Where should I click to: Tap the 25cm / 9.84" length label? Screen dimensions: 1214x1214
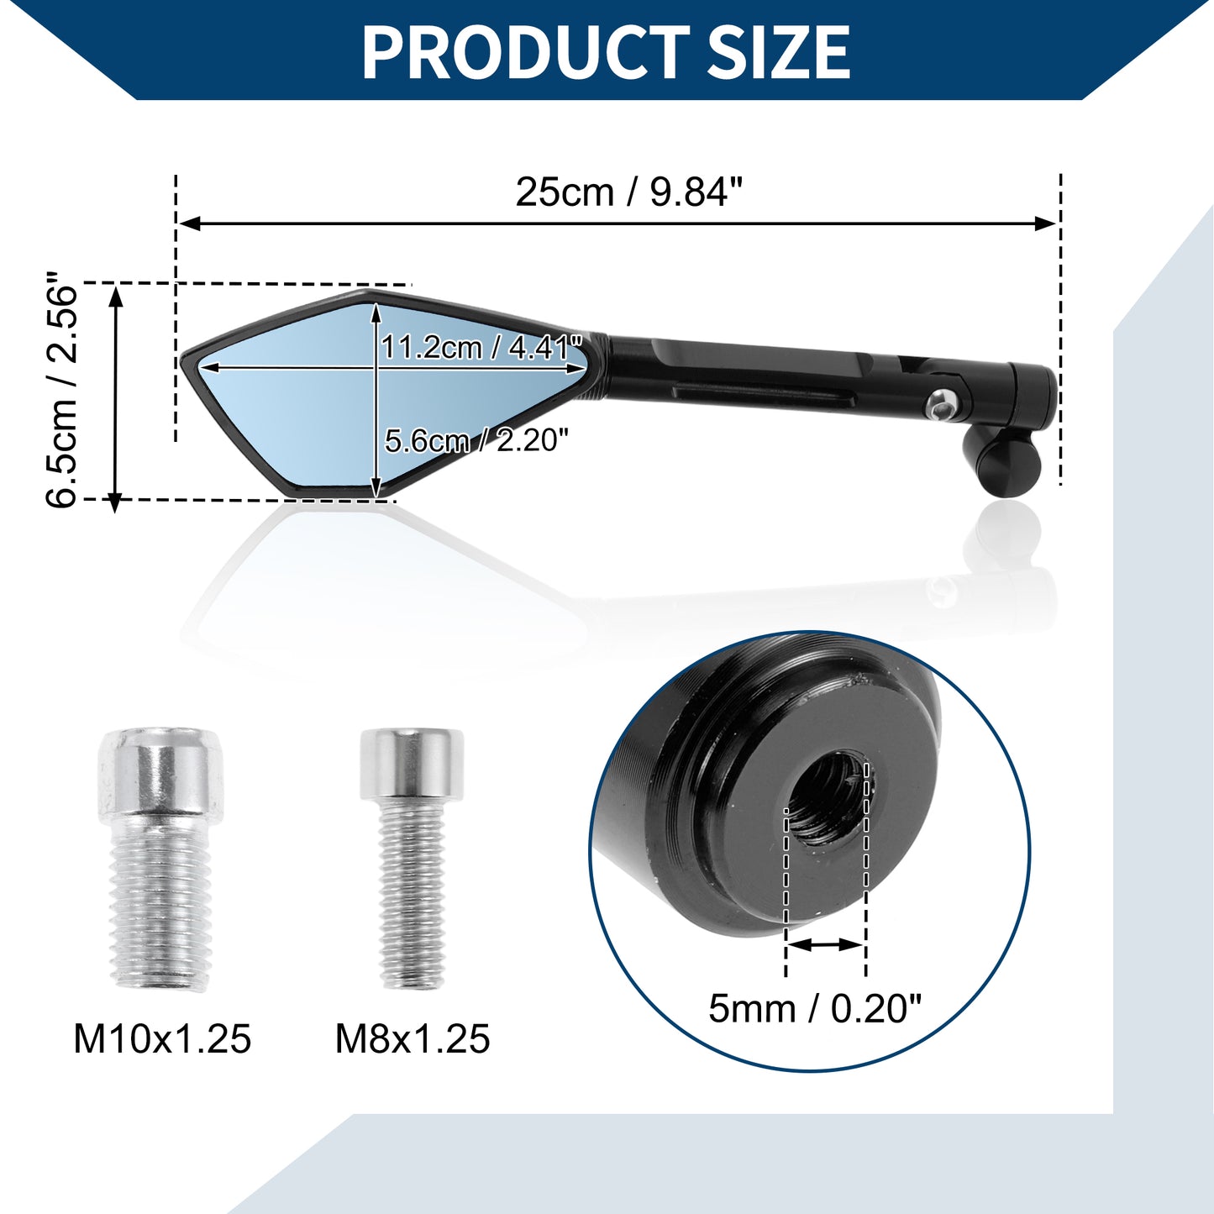pyautogui.click(x=629, y=192)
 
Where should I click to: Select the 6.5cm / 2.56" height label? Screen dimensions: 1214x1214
pyautogui.click(x=61, y=389)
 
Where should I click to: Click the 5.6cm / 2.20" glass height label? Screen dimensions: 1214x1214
pyautogui.click(x=477, y=439)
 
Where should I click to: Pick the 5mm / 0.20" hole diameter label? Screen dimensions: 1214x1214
pyautogui.click(x=815, y=1008)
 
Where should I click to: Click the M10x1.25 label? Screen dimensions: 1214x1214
pyautogui.click(x=162, y=1039)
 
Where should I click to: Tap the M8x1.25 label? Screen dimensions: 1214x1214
pyautogui.click(x=413, y=1039)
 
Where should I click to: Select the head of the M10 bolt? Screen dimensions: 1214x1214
pyautogui.click(x=161, y=775)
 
